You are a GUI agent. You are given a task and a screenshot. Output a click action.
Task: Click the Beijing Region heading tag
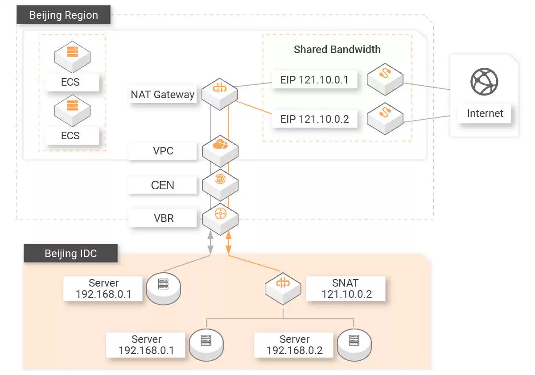pos(64,15)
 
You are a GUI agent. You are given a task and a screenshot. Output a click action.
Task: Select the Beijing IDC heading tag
pos(70,254)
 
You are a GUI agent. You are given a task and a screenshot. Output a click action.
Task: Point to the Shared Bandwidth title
pos(337,49)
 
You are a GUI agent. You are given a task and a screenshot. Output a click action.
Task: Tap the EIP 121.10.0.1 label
pos(314,80)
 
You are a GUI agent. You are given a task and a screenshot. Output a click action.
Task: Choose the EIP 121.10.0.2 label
pos(314,119)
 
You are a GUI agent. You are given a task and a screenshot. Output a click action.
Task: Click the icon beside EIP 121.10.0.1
pos(385,80)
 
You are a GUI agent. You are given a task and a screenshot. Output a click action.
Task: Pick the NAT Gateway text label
pos(162,95)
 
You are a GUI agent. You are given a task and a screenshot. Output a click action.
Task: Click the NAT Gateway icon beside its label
pos(220,91)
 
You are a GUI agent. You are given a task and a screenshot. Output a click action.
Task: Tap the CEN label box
pos(163,185)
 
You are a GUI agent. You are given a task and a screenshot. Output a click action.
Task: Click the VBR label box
pos(163,219)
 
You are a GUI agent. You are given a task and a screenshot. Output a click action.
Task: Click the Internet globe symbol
pos(484,82)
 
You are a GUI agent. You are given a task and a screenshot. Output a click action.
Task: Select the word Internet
pos(485,113)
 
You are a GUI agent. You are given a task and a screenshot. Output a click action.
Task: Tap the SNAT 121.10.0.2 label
pos(346,288)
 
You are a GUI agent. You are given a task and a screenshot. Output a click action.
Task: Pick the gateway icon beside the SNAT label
pos(283,286)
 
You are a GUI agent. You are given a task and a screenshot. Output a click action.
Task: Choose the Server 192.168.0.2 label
pos(294,345)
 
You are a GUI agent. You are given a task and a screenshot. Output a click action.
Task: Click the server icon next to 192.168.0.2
pos(354,342)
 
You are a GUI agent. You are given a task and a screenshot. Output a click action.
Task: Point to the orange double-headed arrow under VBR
pos(228,244)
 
